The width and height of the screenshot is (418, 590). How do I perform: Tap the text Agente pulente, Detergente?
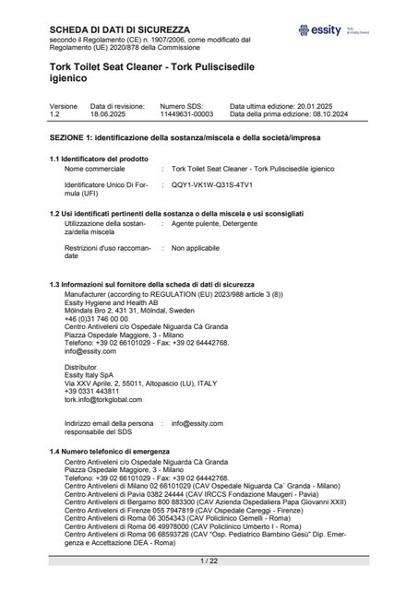211,223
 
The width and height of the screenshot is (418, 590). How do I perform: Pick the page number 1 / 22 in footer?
209,561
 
